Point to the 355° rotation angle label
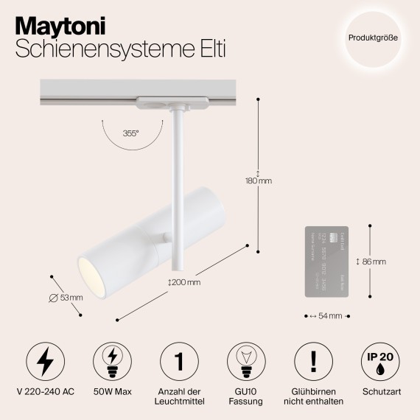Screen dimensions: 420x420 point(131,134)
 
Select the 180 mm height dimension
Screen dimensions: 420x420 point(259,181)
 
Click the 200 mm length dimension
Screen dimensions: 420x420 point(183,282)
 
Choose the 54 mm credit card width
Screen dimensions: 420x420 point(326,315)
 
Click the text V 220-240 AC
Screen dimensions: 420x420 point(45,391)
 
